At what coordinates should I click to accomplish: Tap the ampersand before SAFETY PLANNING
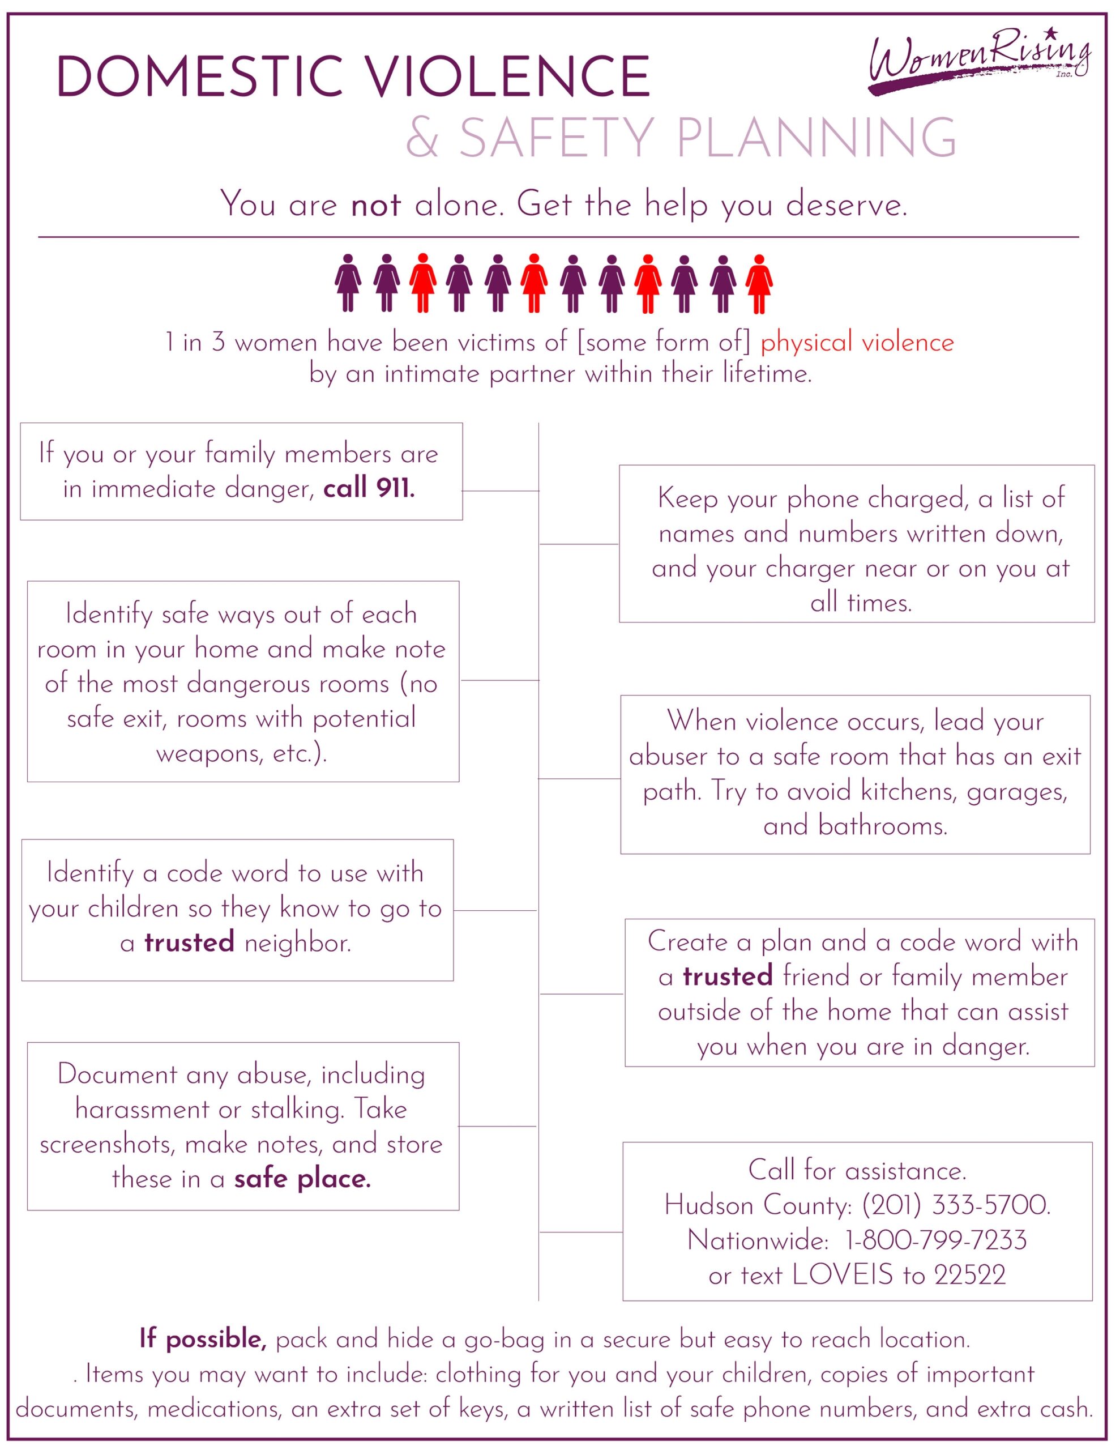click(x=423, y=138)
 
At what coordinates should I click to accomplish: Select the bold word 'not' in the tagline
click(x=376, y=204)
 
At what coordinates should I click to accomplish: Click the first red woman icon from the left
click(x=422, y=284)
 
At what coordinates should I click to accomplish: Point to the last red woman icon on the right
click(x=759, y=284)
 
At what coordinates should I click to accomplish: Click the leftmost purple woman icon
click(x=348, y=284)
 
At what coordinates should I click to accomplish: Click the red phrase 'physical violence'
click(x=857, y=343)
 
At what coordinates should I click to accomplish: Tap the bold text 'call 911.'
click(x=369, y=489)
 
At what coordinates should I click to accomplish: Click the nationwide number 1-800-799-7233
click(x=935, y=1240)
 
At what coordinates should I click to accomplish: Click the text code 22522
click(x=970, y=1276)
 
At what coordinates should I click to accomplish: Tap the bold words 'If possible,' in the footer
click(x=203, y=1339)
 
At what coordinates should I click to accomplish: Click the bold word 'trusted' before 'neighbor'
click(x=189, y=942)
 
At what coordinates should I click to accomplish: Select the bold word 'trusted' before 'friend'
click(x=728, y=976)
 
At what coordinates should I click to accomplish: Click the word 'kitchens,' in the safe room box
click(x=909, y=791)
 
